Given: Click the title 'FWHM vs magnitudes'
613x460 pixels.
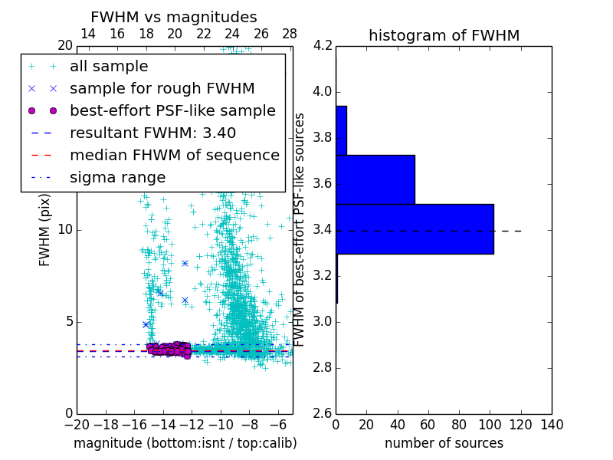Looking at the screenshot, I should [x=174, y=18].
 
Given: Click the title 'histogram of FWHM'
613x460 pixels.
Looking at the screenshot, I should [x=444, y=35].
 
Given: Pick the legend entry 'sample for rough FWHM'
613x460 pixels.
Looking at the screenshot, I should [x=162, y=89].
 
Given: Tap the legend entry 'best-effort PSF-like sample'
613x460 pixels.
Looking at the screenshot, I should [x=172, y=111].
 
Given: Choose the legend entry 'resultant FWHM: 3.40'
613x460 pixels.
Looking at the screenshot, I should [x=152, y=133].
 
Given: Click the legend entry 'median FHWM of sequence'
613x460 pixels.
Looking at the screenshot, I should [x=174, y=156].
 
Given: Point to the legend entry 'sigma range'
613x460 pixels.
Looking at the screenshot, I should [x=117, y=178].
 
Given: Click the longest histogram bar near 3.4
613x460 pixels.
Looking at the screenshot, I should [x=415, y=228].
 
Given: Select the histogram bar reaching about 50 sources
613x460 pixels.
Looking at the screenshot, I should [x=375, y=179].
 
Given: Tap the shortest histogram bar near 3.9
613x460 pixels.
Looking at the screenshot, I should [x=341, y=130].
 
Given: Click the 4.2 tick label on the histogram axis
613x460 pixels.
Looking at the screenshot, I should [x=323, y=46].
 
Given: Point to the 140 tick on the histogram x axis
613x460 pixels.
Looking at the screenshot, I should [x=551, y=425].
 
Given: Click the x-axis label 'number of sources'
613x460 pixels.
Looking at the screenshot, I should [x=444, y=443].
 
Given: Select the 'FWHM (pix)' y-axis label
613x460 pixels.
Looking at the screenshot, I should [x=45, y=230].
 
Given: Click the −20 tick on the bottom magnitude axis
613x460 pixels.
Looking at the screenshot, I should [x=77, y=425].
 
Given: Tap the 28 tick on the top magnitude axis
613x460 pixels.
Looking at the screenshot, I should [x=290, y=34].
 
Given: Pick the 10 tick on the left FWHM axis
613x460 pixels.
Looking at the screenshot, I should [x=64, y=230].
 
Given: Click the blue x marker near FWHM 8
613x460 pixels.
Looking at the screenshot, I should [x=185, y=263].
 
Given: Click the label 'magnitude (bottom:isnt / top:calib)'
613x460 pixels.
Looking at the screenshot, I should [x=185, y=443].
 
